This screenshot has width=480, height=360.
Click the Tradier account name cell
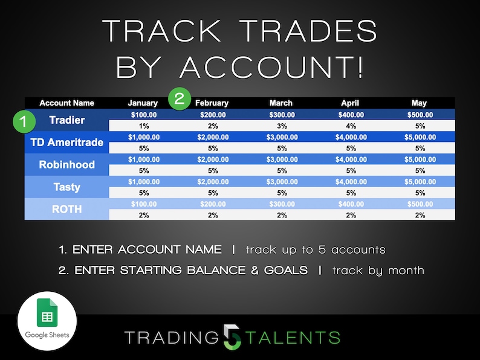(x=66, y=120)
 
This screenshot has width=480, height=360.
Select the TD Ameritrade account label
(x=66, y=143)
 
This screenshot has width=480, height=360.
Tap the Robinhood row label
(x=66, y=164)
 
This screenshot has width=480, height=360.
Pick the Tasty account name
(x=66, y=187)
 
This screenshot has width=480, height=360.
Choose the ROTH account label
(x=66, y=209)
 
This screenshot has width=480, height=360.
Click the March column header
(x=281, y=103)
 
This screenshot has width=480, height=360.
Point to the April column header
(x=349, y=103)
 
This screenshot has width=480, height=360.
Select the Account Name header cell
(x=66, y=103)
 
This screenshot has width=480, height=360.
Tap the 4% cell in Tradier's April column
(x=349, y=126)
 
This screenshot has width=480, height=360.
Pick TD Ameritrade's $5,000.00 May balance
(x=419, y=137)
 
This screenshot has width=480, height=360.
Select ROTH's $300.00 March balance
(x=281, y=204)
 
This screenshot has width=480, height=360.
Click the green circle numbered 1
(x=24, y=121)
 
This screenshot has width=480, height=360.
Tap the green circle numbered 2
(x=180, y=98)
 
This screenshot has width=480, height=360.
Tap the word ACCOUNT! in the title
(x=272, y=66)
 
